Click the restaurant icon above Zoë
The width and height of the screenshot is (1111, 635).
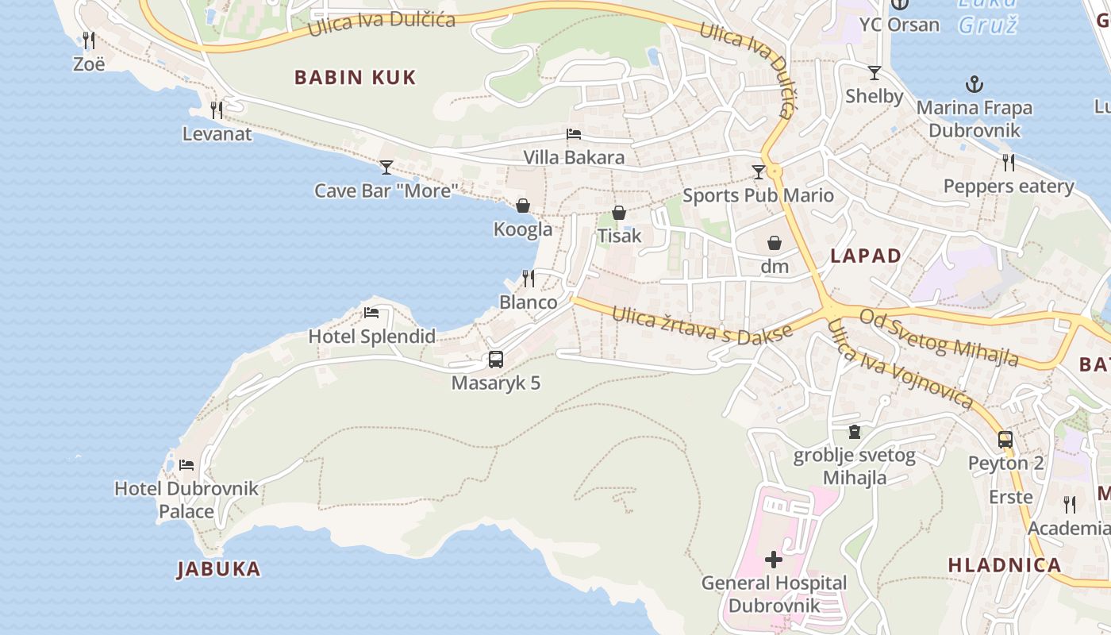[89, 39]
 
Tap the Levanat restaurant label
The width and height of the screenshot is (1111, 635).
[217, 133]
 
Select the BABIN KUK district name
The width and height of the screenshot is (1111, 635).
[355, 77]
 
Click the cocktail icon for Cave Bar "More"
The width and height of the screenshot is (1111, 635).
[386, 167]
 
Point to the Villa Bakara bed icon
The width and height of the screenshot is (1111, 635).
[574, 134]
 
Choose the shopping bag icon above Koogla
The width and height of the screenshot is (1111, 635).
[523, 206]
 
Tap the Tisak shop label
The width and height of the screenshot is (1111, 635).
[619, 236]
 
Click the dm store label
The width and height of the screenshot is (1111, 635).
[775, 266]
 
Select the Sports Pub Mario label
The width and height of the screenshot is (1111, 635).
[758, 195]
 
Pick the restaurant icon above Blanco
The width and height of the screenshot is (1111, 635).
[529, 279]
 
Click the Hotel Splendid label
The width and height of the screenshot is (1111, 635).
[371, 336]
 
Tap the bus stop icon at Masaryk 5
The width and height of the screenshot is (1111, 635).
[496, 360]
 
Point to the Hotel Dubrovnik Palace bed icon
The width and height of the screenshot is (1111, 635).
[186, 464]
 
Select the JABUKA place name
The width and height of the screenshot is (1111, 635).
[218, 568]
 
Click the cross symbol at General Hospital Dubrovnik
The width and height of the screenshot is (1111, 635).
[774, 560]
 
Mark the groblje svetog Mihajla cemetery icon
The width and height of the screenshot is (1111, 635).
[855, 432]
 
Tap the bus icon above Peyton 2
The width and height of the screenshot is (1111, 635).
[1005, 439]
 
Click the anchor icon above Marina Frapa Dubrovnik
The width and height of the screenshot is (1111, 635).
[974, 84]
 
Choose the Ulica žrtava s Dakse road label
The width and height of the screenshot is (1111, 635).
[702, 324]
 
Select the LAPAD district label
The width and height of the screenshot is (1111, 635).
[866, 256]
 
